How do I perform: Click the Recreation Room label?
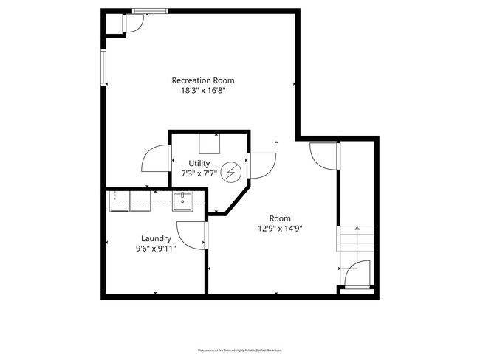pyautogui.click(x=198, y=80)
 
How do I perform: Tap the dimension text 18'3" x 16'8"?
pyautogui.click(x=198, y=91)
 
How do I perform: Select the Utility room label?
pyautogui.click(x=199, y=163)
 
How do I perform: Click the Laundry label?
pyautogui.click(x=157, y=238)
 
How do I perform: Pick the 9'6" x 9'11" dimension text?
pyautogui.click(x=157, y=249)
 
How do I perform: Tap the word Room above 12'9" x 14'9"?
pyautogui.click(x=280, y=218)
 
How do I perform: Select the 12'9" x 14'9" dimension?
pyautogui.click(x=280, y=229)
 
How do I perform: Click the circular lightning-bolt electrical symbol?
pyautogui.click(x=232, y=172)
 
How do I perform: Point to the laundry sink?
pyautogui.click(x=182, y=199)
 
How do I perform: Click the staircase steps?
pyautogui.click(x=357, y=240)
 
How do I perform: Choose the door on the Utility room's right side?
pyautogui.click(x=262, y=165)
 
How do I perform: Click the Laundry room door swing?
pyautogui.click(x=193, y=235)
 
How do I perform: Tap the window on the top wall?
pyautogui.click(x=150, y=11)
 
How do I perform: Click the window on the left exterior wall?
pyautogui.click(x=104, y=68)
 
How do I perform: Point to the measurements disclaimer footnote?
pyautogui.click(x=239, y=349)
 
